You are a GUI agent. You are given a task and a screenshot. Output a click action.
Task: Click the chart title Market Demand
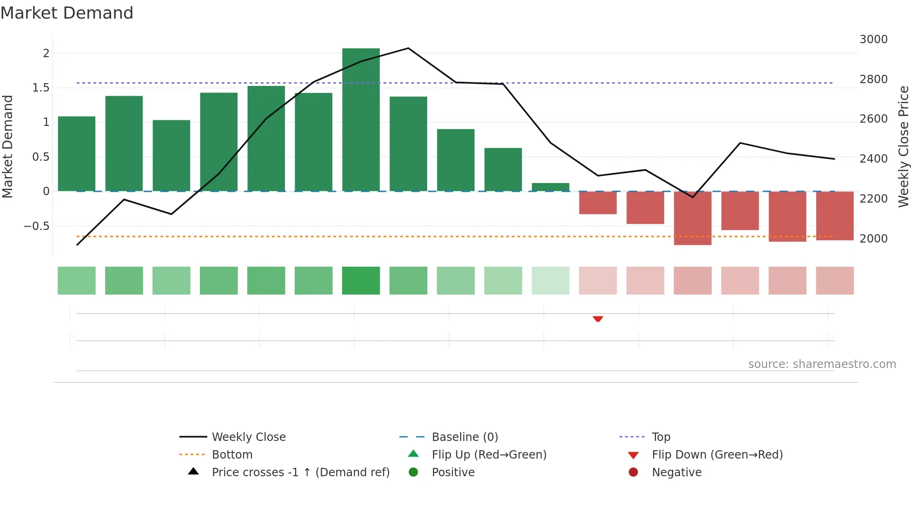[67, 13]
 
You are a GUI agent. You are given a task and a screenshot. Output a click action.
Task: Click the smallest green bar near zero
[550, 187]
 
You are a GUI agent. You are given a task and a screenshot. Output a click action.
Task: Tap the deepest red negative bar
[693, 218]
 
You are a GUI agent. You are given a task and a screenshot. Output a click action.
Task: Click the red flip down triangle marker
[598, 319]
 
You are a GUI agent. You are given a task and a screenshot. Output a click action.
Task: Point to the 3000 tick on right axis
[873, 39]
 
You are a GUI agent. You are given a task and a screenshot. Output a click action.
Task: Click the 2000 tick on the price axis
[873, 238]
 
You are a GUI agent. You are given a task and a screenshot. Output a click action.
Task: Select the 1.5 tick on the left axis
[41, 88]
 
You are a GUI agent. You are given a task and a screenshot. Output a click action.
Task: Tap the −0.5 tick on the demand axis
[36, 226]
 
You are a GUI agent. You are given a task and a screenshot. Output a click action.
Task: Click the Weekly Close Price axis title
[903, 146]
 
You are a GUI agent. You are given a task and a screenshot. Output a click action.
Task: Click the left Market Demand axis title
[7, 146]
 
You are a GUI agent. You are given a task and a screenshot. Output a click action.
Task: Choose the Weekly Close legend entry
[249, 437]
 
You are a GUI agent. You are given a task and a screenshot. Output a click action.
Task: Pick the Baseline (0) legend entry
[465, 437]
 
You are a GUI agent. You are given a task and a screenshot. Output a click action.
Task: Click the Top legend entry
[660, 437]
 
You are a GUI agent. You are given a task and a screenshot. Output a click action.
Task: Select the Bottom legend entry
[232, 454]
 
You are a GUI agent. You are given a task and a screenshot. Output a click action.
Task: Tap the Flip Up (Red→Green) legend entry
[489, 454]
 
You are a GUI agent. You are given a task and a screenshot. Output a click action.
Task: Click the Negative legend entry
[676, 472]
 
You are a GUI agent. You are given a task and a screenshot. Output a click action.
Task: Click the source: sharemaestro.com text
[822, 364]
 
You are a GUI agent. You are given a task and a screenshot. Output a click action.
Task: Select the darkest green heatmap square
[361, 281]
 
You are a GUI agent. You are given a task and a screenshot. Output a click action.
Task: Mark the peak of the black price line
[408, 48]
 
